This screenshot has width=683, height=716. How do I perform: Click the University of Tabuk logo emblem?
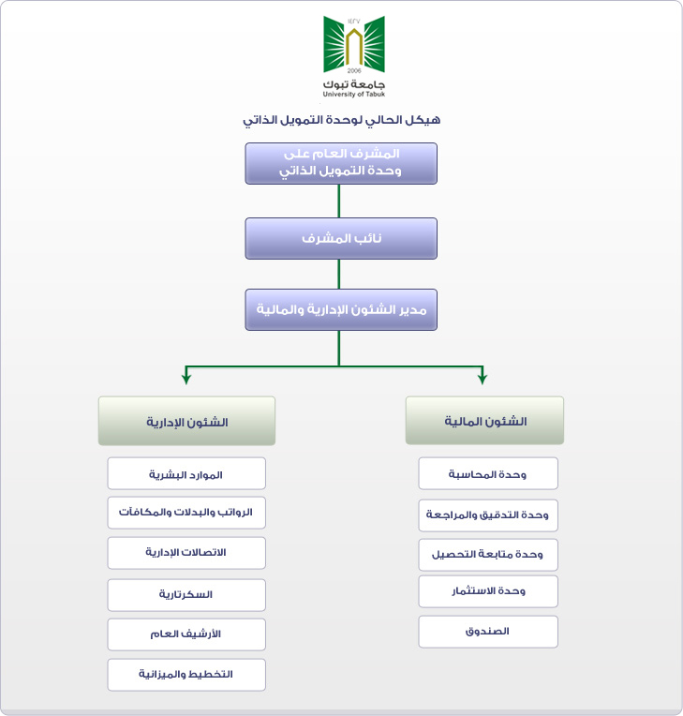[354, 45]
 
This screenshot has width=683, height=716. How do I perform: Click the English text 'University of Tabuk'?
[354, 94]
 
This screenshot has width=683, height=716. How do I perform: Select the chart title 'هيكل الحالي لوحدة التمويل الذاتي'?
[341, 120]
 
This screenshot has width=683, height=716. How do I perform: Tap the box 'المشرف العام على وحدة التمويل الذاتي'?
[341, 163]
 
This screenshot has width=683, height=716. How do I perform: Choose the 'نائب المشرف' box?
[341, 238]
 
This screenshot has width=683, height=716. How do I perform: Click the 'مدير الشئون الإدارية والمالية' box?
[341, 309]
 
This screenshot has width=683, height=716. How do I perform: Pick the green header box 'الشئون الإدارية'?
[186, 421]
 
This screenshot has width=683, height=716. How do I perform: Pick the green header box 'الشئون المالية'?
[485, 420]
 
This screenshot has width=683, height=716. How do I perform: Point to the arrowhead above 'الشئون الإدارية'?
[186, 379]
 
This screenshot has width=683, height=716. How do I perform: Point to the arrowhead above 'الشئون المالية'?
[483, 379]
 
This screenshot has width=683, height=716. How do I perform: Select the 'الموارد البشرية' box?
[186, 473]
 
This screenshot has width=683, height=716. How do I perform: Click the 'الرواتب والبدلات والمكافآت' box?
[186, 513]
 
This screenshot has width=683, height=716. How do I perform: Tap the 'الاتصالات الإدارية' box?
[186, 553]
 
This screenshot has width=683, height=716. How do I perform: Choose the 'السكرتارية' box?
[186, 595]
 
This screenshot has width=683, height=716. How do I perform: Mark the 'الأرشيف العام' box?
[186, 634]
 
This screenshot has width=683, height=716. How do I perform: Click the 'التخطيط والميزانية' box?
[186, 675]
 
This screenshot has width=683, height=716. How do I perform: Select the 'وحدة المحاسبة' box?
[488, 473]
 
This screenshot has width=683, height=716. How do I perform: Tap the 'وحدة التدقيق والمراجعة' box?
[488, 515]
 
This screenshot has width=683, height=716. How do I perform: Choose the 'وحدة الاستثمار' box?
[488, 591]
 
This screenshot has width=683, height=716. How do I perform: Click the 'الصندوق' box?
[488, 632]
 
